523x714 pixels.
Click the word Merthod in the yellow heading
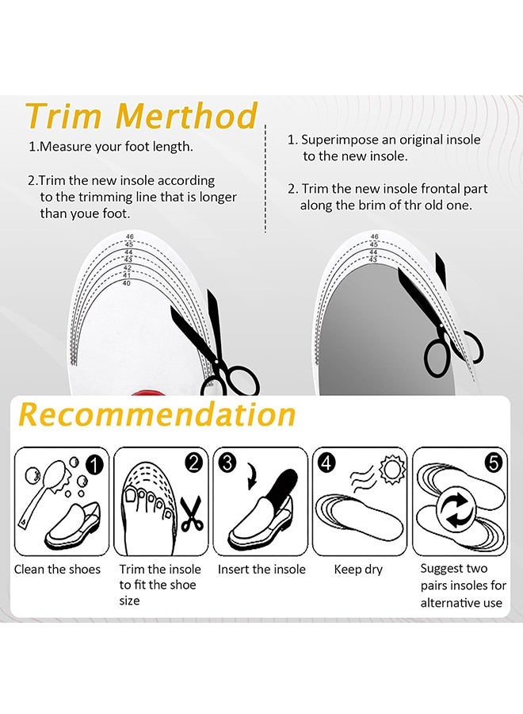click(x=187, y=115)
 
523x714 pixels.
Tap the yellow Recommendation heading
click(x=157, y=414)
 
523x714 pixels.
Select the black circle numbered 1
click(x=94, y=466)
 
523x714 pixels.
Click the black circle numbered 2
click(x=194, y=463)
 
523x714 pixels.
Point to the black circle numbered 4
click(x=326, y=463)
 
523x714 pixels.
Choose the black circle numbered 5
click(x=494, y=463)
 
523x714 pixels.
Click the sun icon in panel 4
click(x=392, y=470)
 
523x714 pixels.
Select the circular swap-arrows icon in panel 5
click(x=456, y=510)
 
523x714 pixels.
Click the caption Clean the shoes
click(x=57, y=569)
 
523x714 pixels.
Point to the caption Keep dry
click(x=358, y=570)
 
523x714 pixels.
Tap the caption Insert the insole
click(x=261, y=569)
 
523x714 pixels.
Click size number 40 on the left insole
click(x=127, y=283)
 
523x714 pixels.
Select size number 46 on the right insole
click(x=374, y=236)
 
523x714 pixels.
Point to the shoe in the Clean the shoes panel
click(x=73, y=524)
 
